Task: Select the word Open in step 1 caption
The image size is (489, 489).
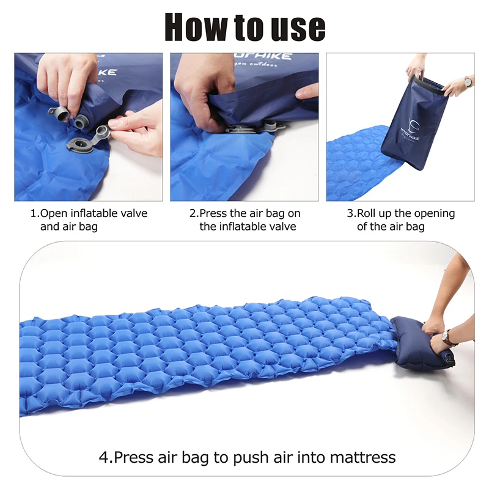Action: click(54, 213)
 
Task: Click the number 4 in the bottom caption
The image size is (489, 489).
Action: click(103, 457)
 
